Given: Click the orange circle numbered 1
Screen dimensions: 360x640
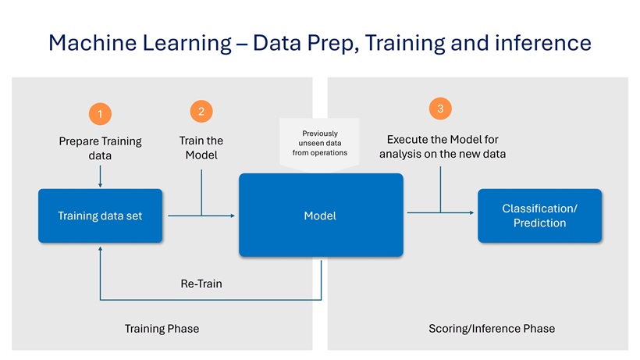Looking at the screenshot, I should coord(100,114).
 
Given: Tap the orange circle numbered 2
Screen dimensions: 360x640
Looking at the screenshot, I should coord(201,111).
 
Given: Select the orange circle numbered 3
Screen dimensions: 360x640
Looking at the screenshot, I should coord(441,109).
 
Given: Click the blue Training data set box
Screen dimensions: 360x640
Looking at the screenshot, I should coord(100,216).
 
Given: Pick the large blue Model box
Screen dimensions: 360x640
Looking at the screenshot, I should coord(320,216).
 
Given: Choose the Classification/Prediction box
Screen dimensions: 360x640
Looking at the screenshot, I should coord(539,216).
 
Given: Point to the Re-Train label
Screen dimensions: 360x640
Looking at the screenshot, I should coord(201,283).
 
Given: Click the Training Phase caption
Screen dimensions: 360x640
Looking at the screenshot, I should coord(162,329).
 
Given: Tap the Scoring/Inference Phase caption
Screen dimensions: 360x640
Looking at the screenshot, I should coord(492,329).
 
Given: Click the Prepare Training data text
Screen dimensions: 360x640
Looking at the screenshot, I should coord(100,148).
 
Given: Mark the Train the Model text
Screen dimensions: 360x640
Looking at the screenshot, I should coord(201,148).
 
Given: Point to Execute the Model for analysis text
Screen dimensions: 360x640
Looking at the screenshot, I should coord(442,147).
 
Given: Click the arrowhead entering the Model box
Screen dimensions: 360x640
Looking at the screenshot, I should coord(233,216).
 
